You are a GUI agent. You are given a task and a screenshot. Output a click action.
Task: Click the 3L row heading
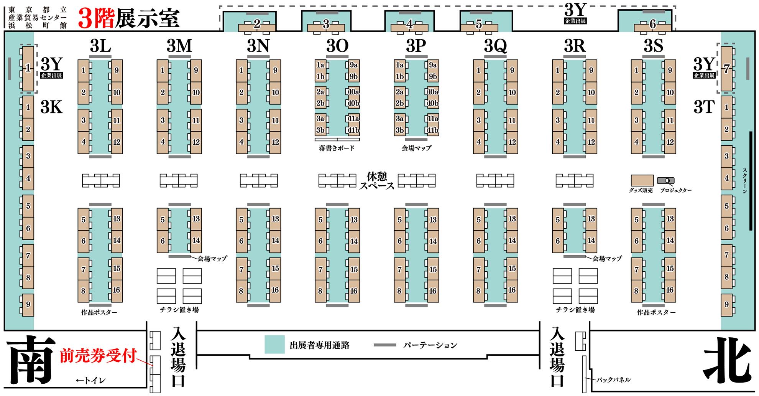tap(100, 46)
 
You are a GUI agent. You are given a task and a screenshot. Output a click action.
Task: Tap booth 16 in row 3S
tap(670, 290)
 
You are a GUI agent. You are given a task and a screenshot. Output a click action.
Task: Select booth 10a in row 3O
tap(354, 92)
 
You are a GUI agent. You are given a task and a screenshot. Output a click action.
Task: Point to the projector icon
tap(666, 180)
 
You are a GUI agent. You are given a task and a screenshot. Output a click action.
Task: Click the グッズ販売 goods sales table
tap(642, 180)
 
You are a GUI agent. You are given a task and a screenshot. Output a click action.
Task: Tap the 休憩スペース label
tap(377, 181)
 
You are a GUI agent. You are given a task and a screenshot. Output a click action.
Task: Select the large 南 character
tap(31, 360)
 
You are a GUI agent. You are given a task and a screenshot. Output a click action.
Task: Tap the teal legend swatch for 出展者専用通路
tap(274, 344)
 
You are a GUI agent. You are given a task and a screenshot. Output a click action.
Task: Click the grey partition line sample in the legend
tap(385, 345)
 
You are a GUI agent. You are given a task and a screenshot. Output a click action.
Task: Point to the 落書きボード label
tap(337, 148)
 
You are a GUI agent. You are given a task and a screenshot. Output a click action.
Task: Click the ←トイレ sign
tap(91, 381)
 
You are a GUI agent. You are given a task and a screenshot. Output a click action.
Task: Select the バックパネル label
tap(613, 380)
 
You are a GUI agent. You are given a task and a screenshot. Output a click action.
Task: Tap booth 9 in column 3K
tap(28, 305)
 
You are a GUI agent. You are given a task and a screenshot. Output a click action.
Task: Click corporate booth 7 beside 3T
tap(726, 69)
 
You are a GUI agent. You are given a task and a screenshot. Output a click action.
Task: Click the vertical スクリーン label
tap(744, 180)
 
